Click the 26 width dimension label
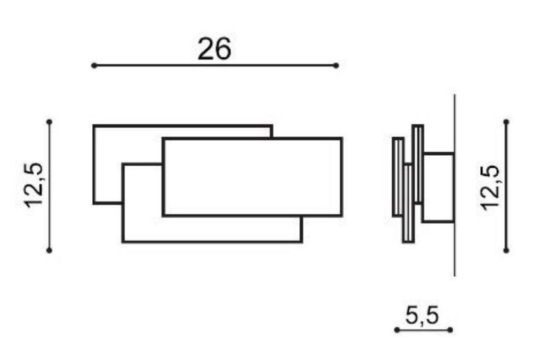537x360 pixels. [215, 48]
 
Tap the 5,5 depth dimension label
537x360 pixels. [422, 315]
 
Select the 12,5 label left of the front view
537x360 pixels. [33, 185]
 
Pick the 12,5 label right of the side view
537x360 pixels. [490, 188]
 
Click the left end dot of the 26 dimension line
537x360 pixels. [94, 65]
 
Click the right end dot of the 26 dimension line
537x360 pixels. [336, 65]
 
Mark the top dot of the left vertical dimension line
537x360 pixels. [49, 122]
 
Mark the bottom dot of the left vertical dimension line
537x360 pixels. [49, 251]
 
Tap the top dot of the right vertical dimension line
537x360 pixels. [507, 122]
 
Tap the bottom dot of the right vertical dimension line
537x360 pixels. [507, 251]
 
